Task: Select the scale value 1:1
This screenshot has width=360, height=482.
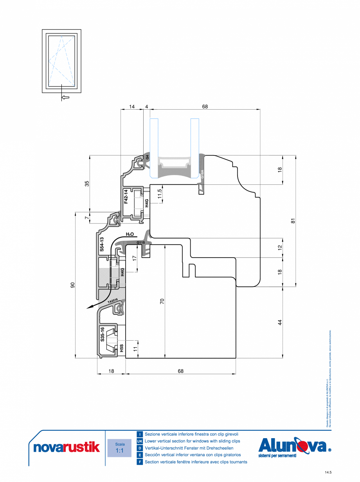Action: click(x=120, y=451)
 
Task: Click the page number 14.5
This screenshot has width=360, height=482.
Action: click(x=328, y=473)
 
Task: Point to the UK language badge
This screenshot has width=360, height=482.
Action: click(x=139, y=441)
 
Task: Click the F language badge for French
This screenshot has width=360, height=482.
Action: click(x=139, y=462)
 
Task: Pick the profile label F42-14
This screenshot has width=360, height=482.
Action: click(x=126, y=196)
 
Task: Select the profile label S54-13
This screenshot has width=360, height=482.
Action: click(x=102, y=244)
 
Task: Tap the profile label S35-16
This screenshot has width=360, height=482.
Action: click(x=102, y=334)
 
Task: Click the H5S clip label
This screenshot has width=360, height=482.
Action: click(x=122, y=348)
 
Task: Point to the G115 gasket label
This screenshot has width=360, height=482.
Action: click(x=140, y=243)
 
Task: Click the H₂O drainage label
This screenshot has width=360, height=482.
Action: click(x=130, y=234)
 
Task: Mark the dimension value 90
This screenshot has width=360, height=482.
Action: click(x=72, y=285)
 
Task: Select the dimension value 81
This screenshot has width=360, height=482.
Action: click(x=293, y=221)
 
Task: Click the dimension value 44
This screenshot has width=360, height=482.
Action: click(x=280, y=322)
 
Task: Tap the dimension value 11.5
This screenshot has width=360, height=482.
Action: click(x=159, y=194)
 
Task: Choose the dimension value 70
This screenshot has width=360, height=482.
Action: click(x=162, y=301)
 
